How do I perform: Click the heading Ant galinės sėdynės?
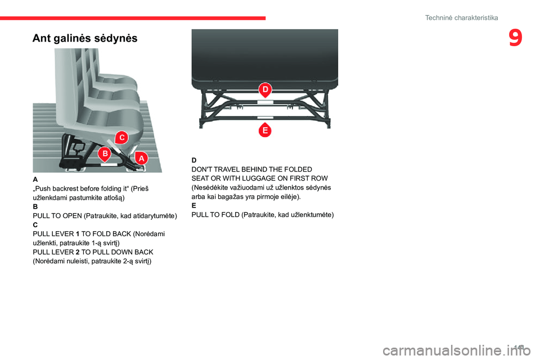point(84,38)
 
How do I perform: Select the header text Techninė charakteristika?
point(461,18)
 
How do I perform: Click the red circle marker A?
point(141,159)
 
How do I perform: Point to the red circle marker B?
point(105,154)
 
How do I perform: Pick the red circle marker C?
point(121,137)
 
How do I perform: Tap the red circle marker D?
point(265,90)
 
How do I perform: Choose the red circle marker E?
point(264,130)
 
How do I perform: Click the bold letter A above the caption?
point(35,179)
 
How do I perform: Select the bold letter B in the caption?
point(35,206)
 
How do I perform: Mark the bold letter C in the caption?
point(35,224)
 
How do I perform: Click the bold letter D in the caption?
point(194,160)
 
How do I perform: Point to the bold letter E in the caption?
point(194,206)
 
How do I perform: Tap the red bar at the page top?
point(133,18)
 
